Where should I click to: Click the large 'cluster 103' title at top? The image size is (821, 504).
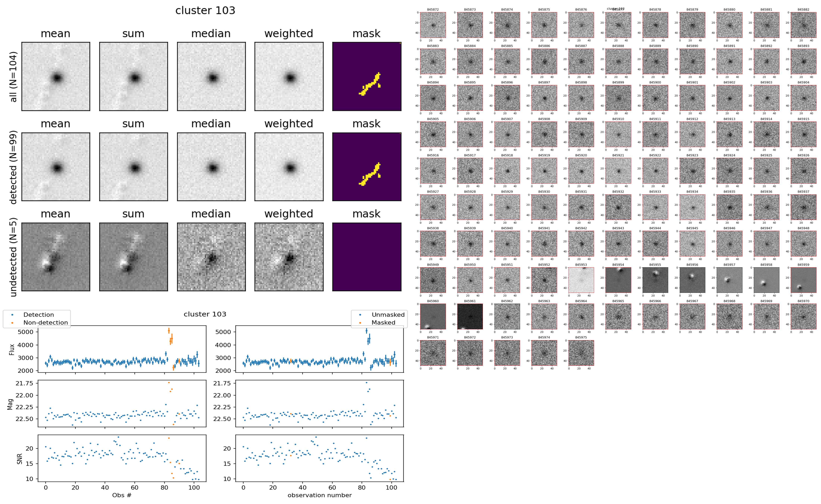click(205, 11)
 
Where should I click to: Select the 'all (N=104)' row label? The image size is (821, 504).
click(13, 77)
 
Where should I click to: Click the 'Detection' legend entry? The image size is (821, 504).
click(38, 315)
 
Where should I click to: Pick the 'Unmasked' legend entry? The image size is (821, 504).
click(388, 315)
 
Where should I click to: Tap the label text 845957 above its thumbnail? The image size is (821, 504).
click(729, 265)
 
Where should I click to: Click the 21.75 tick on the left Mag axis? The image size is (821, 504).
click(24, 383)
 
